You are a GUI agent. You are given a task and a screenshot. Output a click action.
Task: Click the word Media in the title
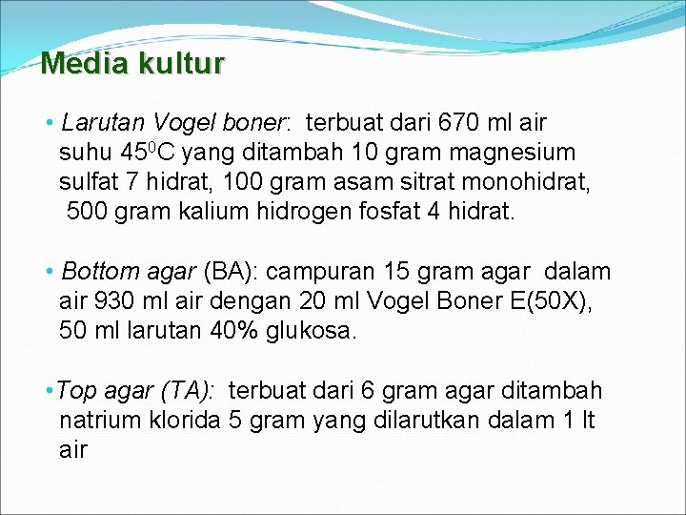tap(84, 64)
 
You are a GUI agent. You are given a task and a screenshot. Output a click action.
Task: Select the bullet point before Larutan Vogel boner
tap(49, 124)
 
